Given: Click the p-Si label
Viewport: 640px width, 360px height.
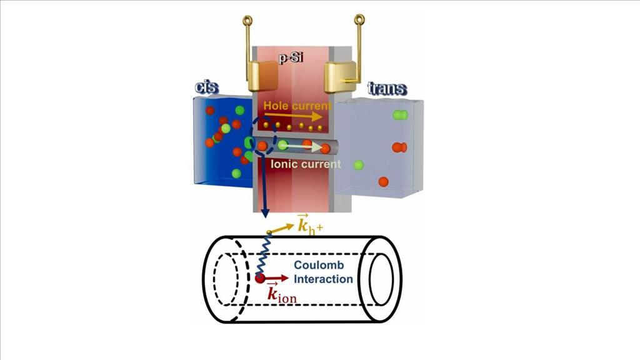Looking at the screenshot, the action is pos(291,58).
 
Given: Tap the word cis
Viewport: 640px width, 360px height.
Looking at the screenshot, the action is pos(207,87).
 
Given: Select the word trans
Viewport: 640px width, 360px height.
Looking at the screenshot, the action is pos(387,88).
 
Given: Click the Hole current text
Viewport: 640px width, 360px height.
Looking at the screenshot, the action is pos(297,106).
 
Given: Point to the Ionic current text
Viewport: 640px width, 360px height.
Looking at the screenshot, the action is pos(306,164).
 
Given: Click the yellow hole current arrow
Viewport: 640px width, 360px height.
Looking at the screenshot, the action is pos(294,116).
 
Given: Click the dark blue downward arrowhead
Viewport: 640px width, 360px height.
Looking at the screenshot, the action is pos(265,212).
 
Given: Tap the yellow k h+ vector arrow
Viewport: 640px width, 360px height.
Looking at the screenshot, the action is pos(281,229).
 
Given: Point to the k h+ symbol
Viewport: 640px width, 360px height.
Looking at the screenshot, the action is pos(310,224).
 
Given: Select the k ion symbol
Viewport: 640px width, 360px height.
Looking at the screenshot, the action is pos(282,292).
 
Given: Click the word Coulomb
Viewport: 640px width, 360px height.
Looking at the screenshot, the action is pos(319,265).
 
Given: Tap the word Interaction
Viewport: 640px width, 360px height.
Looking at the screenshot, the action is pos(323,279).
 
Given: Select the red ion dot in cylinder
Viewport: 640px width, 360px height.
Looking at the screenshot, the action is pos(259,279).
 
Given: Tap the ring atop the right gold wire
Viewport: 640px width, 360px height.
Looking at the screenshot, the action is pos(359,19).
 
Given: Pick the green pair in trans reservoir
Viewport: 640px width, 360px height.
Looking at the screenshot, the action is pos(400,115).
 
